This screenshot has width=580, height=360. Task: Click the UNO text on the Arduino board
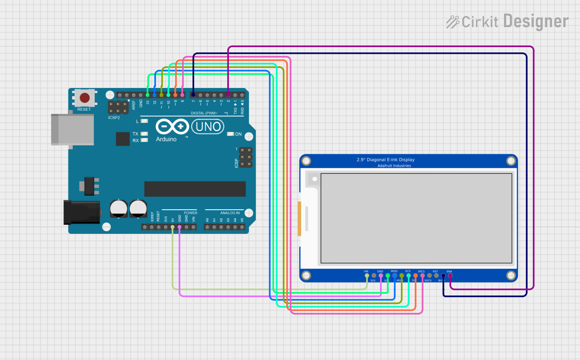pyautogui.click(x=207, y=127)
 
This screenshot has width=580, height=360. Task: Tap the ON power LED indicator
pyautogui.click(x=230, y=134)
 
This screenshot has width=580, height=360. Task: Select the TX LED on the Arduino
pyautogui.click(x=144, y=134)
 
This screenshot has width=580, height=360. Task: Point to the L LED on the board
pyautogui.click(x=144, y=121)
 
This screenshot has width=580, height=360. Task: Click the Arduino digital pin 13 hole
pyautogui.click(x=148, y=95)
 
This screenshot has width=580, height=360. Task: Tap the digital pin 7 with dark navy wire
pyautogui.click(x=193, y=95)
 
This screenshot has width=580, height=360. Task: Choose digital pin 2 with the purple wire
pyautogui.click(x=228, y=95)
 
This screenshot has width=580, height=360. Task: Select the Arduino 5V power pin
pyautogui.click(x=172, y=227)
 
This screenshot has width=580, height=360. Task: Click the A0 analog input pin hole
pyautogui.click(x=207, y=227)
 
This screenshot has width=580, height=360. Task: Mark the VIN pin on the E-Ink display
pyautogui.click(x=367, y=276)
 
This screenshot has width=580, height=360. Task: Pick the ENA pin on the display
pyautogui.click(x=450, y=276)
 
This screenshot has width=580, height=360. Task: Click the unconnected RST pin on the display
pyautogui.click(x=436, y=276)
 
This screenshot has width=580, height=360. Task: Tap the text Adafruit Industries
pyautogui.click(x=394, y=166)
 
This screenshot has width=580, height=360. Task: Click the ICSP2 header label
pyautogui.click(x=114, y=118)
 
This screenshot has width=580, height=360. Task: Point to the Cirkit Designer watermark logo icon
pyautogui.click(x=453, y=21)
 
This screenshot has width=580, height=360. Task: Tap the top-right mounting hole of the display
pyautogui.click(x=510, y=161)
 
